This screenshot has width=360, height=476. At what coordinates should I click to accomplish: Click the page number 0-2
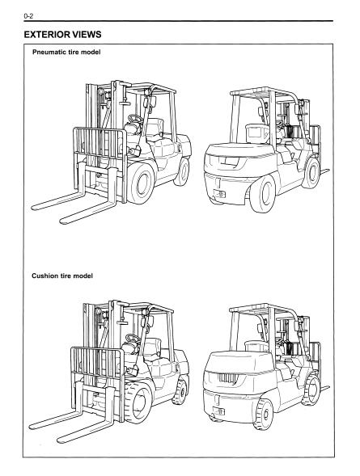(28, 16)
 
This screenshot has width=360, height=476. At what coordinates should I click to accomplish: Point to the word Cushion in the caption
(44, 276)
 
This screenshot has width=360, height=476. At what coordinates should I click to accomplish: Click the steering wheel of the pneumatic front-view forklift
(135, 119)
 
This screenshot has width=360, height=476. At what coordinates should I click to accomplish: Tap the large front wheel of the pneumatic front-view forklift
(141, 183)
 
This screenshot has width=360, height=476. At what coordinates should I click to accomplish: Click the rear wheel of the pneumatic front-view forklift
(182, 172)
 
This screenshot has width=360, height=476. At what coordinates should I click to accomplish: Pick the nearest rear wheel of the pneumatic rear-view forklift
(263, 194)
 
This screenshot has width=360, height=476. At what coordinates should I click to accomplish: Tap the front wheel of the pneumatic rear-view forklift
(311, 173)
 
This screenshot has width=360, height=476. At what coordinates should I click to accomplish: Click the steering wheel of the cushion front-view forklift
(133, 339)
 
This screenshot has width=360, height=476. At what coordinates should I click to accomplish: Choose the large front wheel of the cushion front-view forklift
(138, 402)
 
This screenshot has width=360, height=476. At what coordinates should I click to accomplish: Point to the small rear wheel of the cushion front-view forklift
(180, 392)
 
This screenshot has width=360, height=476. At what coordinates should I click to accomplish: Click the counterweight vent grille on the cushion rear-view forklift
(227, 378)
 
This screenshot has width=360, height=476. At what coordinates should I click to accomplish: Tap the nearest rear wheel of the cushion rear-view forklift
(264, 414)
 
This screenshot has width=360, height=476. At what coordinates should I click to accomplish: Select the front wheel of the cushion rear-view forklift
(311, 390)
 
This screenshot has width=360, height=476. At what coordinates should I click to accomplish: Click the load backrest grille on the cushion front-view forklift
(97, 362)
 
